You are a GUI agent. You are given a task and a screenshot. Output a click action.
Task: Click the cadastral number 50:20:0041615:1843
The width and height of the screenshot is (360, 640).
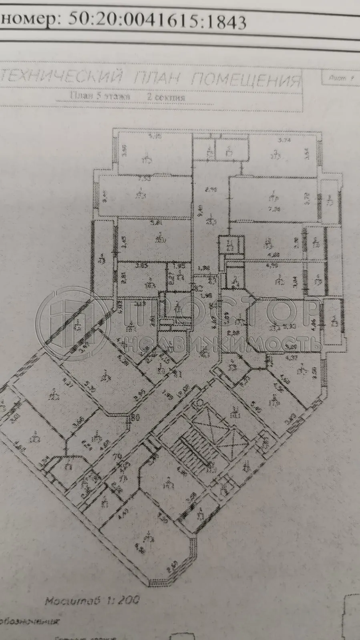pos(157,20)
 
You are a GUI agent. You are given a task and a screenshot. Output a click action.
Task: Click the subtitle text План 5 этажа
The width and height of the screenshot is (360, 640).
pos(100,96)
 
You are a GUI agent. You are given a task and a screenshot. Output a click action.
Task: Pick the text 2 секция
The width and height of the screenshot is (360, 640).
pos(166,97)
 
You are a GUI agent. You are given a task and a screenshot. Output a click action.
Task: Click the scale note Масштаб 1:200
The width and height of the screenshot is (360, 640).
pos(92,600)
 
